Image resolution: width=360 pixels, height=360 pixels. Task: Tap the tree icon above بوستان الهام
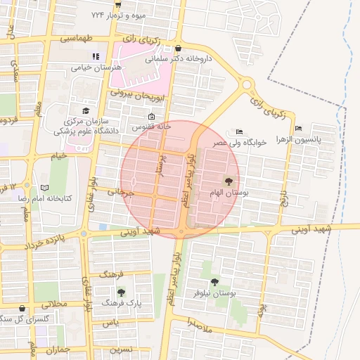[x=226, y=181]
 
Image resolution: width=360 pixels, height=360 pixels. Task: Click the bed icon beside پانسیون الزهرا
[x=299, y=129]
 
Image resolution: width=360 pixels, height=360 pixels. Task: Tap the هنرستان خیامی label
[x=96, y=67]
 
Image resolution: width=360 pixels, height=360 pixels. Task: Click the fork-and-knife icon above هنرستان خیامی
[x=96, y=57]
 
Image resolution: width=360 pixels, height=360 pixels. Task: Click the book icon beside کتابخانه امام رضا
[x=44, y=188]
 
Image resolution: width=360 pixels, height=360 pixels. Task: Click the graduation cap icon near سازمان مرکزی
[x=86, y=110]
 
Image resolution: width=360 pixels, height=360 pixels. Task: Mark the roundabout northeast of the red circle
[x=246, y=85]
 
